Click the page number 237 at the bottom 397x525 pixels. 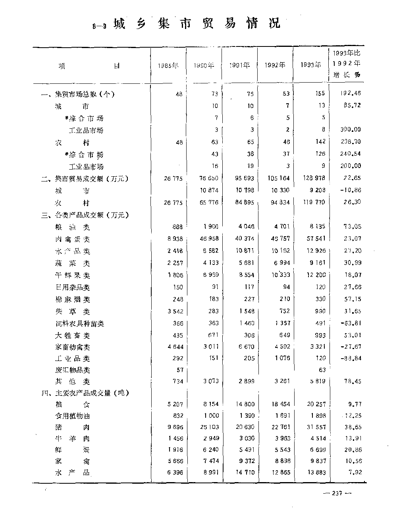point(337,493)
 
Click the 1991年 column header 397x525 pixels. point(239,66)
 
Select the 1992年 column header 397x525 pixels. point(275,66)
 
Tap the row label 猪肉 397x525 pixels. point(72,427)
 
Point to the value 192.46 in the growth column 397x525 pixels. point(351,94)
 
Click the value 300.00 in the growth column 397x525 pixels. point(351,129)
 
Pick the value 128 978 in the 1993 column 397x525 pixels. point(314,178)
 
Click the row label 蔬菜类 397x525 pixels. point(72,263)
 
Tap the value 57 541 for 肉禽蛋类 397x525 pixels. point(315,239)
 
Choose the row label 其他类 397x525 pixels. point(72,382)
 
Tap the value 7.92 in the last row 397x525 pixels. point(354,473)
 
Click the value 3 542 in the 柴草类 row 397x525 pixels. point(175,311)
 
